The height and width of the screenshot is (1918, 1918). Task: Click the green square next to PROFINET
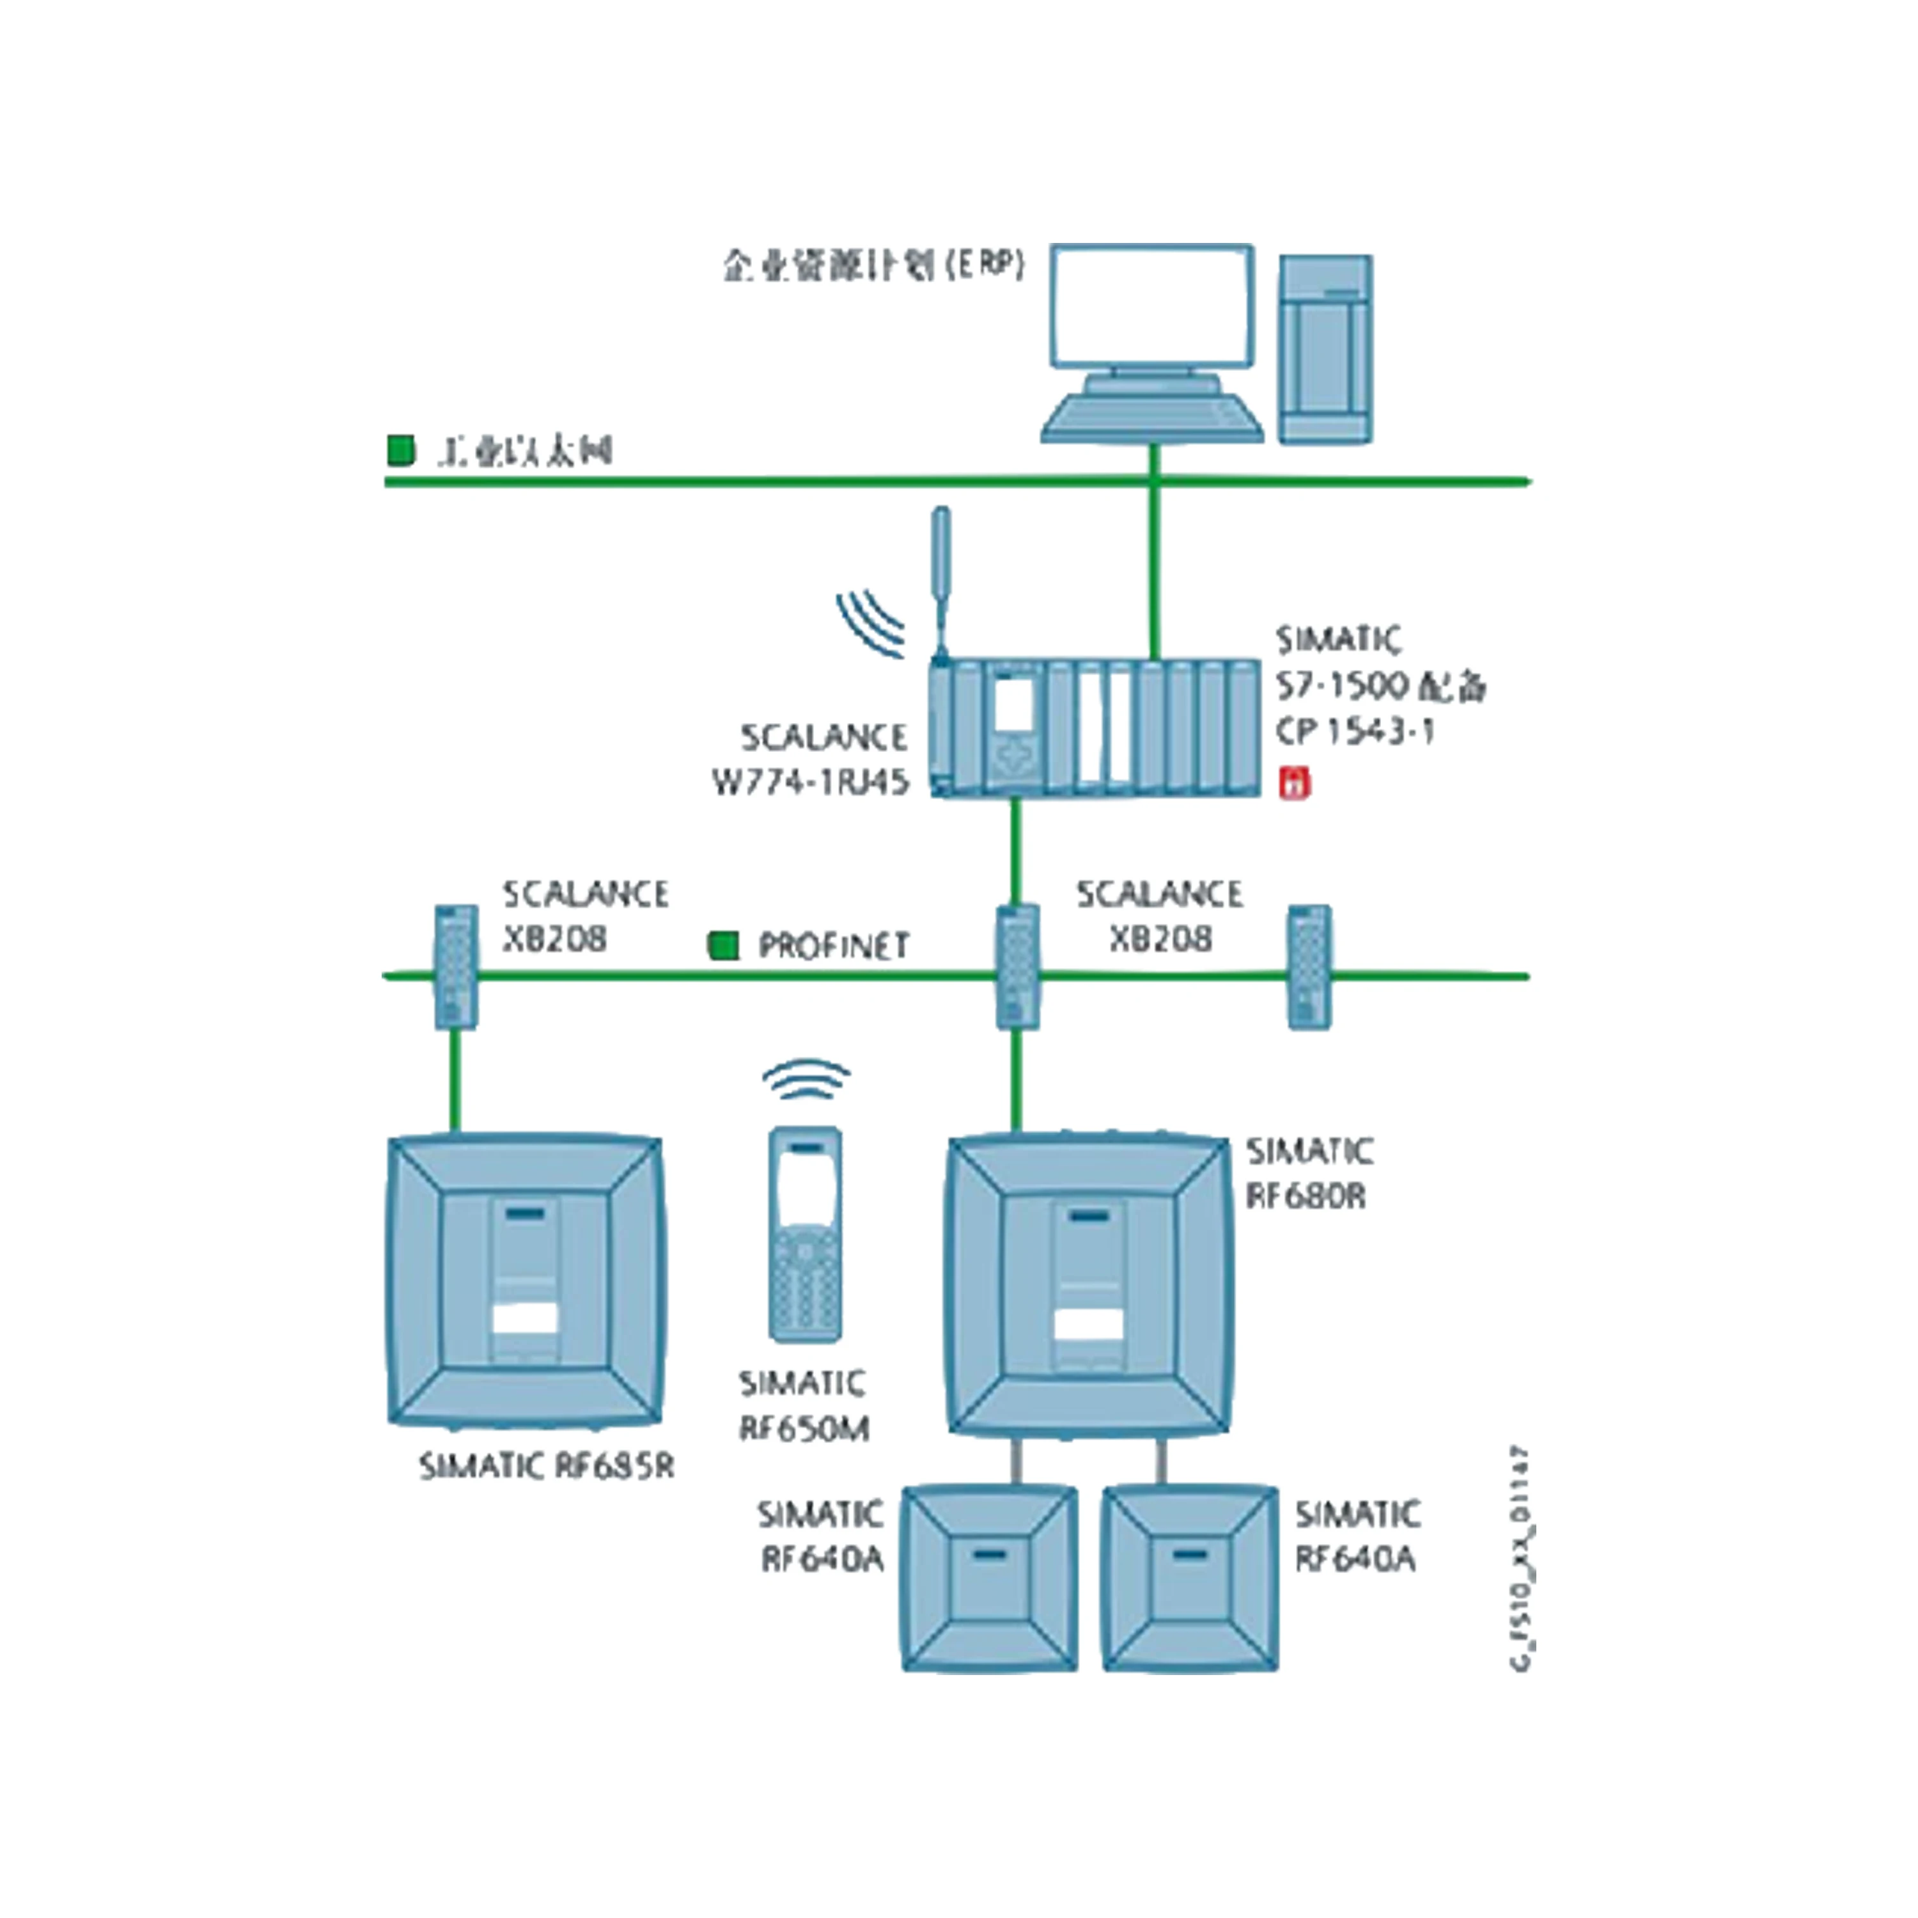click(724, 944)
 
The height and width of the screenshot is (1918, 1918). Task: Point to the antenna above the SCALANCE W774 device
click(940, 581)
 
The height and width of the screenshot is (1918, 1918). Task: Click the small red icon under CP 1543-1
click(1293, 783)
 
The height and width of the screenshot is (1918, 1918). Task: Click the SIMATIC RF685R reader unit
click(524, 1281)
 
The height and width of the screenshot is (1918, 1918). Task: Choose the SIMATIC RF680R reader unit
click(1089, 1284)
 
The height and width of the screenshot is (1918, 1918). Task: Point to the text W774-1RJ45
click(810, 783)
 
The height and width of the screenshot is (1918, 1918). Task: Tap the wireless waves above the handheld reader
click(806, 1078)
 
